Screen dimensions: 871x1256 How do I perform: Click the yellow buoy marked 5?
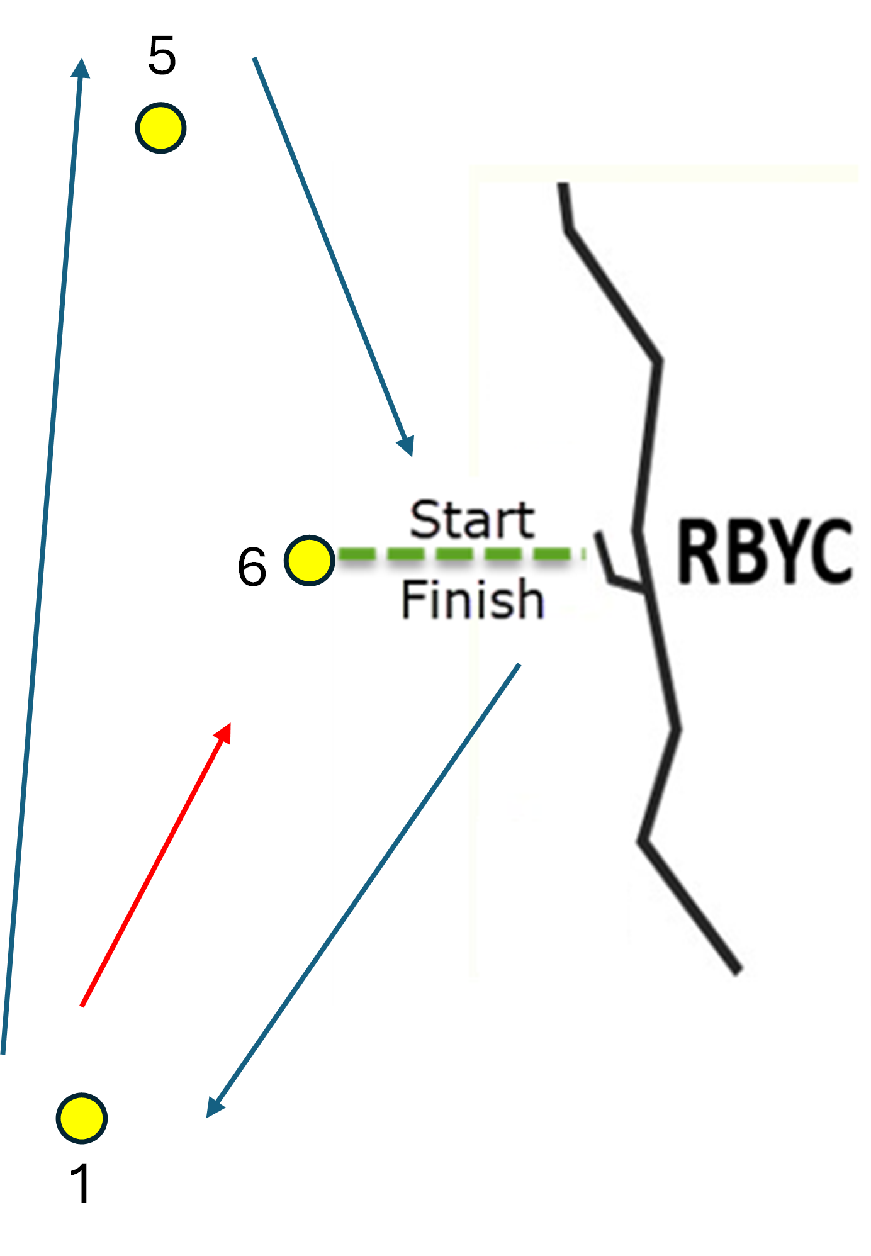pyautogui.click(x=160, y=128)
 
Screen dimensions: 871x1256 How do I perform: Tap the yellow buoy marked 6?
pyautogui.click(x=309, y=561)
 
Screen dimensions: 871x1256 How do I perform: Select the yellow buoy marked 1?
pyautogui.click(x=82, y=1118)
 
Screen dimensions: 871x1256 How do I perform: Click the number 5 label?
pyautogui.click(x=162, y=55)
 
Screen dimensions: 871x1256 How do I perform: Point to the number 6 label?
pyautogui.click(x=252, y=567)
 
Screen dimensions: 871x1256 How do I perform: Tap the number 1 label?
pyautogui.click(x=81, y=1183)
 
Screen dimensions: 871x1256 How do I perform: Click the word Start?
pyautogui.click(x=472, y=520)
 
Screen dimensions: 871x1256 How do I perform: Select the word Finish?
pyautogui.click(x=472, y=599)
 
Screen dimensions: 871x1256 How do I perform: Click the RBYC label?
pyautogui.click(x=765, y=551)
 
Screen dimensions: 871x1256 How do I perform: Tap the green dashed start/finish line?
pyautogui.click(x=461, y=554)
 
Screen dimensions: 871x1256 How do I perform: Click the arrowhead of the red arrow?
pyautogui.click(x=223, y=732)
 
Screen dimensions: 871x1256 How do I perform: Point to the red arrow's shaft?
pyautogui.click(x=156, y=865)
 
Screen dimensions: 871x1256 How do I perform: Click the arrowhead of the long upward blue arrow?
pyautogui.click(x=81, y=67)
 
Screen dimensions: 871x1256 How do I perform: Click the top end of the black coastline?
pyautogui.click(x=563, y=184)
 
